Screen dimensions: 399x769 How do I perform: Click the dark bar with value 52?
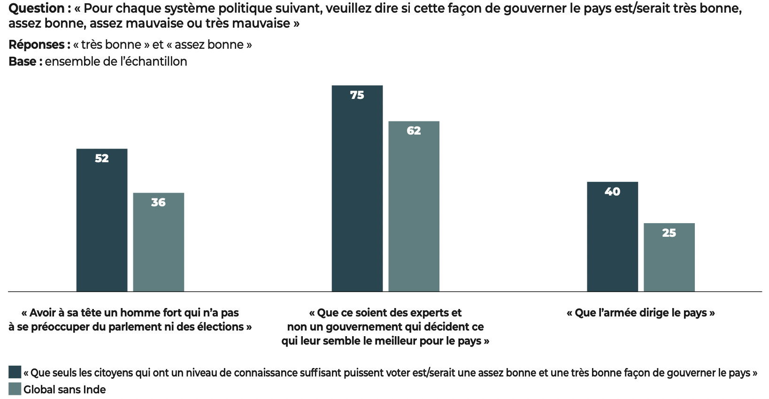[x=102, y=220]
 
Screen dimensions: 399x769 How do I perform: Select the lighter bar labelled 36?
[x=159, y=242]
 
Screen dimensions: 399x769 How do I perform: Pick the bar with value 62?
[x=414, y=206]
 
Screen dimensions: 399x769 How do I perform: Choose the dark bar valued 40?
[x=612, y=237]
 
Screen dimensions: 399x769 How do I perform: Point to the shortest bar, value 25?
[x=669, y=257]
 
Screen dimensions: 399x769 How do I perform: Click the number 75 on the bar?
[x=357, y=95]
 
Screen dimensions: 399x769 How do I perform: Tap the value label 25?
[x=669, y=233]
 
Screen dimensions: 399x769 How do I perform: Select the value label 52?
[x=102, y=158]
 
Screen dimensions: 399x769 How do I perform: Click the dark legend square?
[x=15, y=372]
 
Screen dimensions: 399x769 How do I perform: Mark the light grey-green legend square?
[x=15, y=389]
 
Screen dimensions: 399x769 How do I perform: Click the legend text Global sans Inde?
[x=65, y=390]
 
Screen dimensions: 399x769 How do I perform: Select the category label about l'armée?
[x=641, y=313]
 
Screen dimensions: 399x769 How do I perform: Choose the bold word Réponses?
[x=37, y=45]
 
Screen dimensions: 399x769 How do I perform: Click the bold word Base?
[x=23, y=61]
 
